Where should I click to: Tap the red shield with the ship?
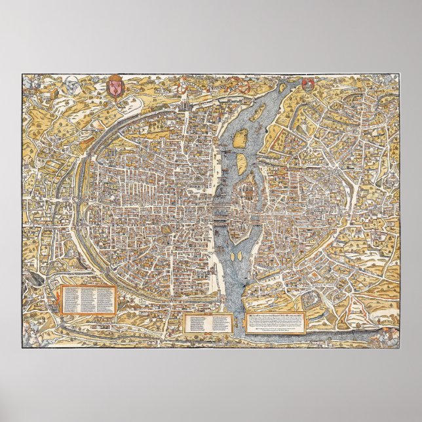pos(307,84)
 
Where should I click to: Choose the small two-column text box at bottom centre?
pos(208,322)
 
